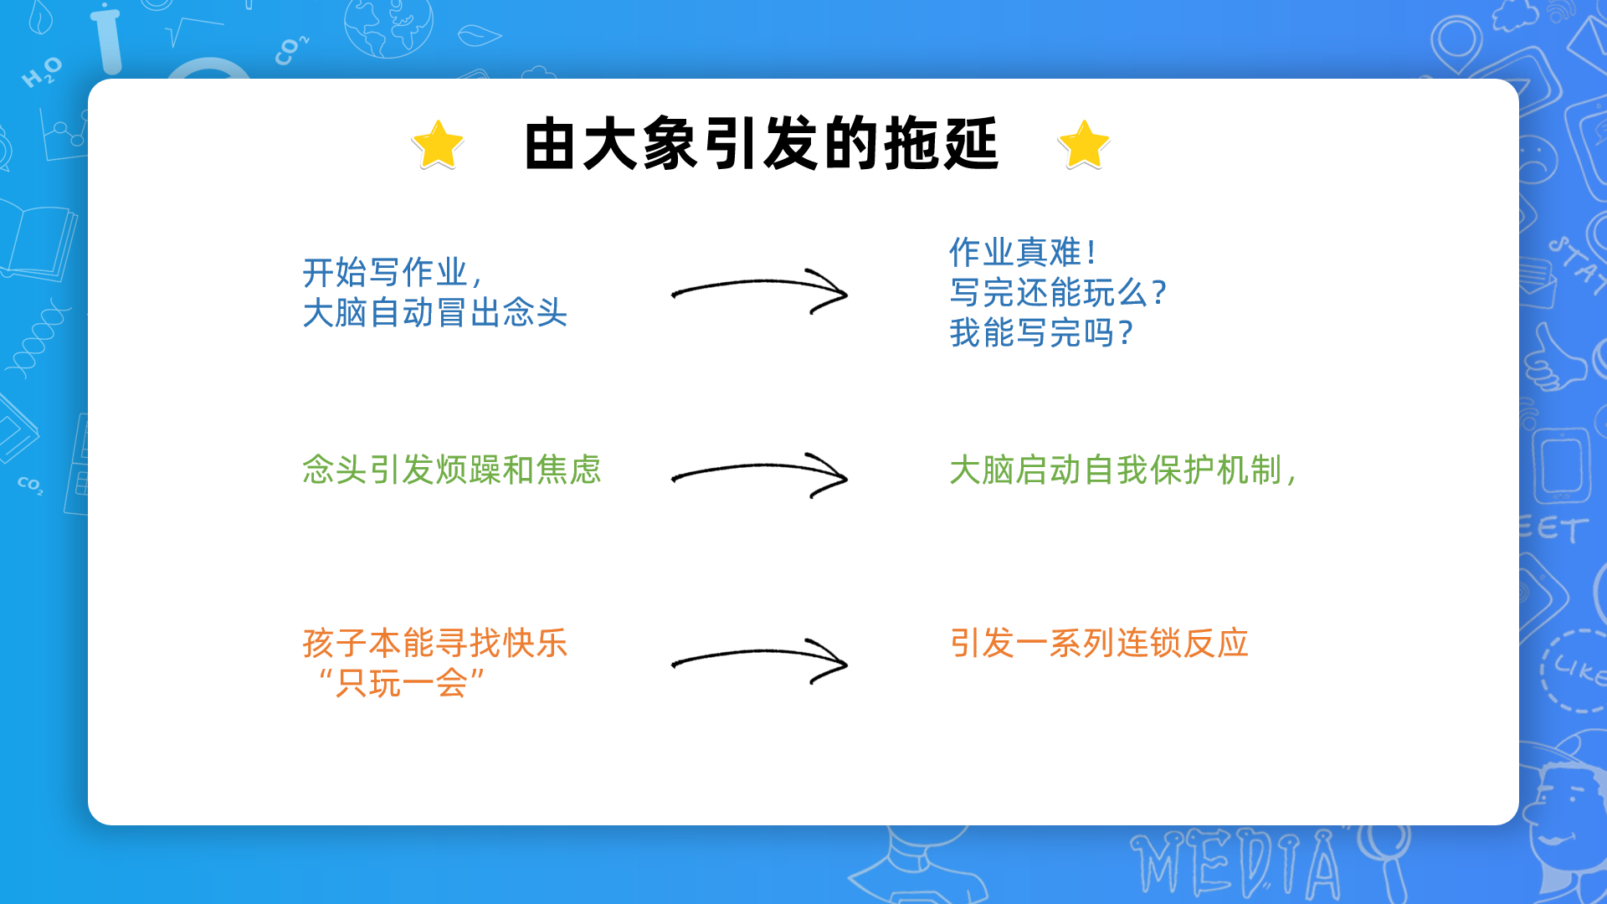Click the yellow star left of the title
coord(438,145)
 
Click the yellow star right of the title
coord(1084,145)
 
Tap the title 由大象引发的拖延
coord(761,144)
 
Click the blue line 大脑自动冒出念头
coord(435,313)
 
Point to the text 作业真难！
coord(1023,252)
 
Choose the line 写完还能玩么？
coord(1058,292)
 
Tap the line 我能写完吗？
coord(1041,332)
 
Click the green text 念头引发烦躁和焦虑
coord(452,470)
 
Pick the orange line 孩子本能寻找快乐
coord(435,643)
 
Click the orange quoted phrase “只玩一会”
coord(400,684)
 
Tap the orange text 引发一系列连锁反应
coord(1099,643)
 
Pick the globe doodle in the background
coord(388,25)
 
